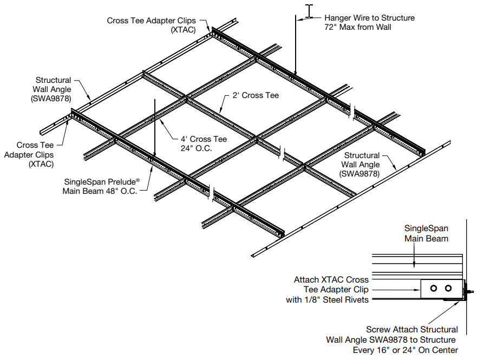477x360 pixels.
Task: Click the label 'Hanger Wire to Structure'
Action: pyautogui.click(x=369, y=18)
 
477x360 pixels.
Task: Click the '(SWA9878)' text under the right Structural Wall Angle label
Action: pyautogui.click(x=358, y=174)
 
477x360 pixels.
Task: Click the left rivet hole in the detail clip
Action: pyautogui.click(x=433, y=288)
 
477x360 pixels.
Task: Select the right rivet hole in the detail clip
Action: pyautogui.click(x=447, y=288)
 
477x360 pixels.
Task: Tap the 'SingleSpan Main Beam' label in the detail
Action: pyautogui.click(x=427, y=233)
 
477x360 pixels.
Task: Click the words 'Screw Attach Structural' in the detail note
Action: pyautogui.click(x=412, y=329)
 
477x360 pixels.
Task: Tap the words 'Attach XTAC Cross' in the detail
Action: pyautogui.click(x=331, y=280)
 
